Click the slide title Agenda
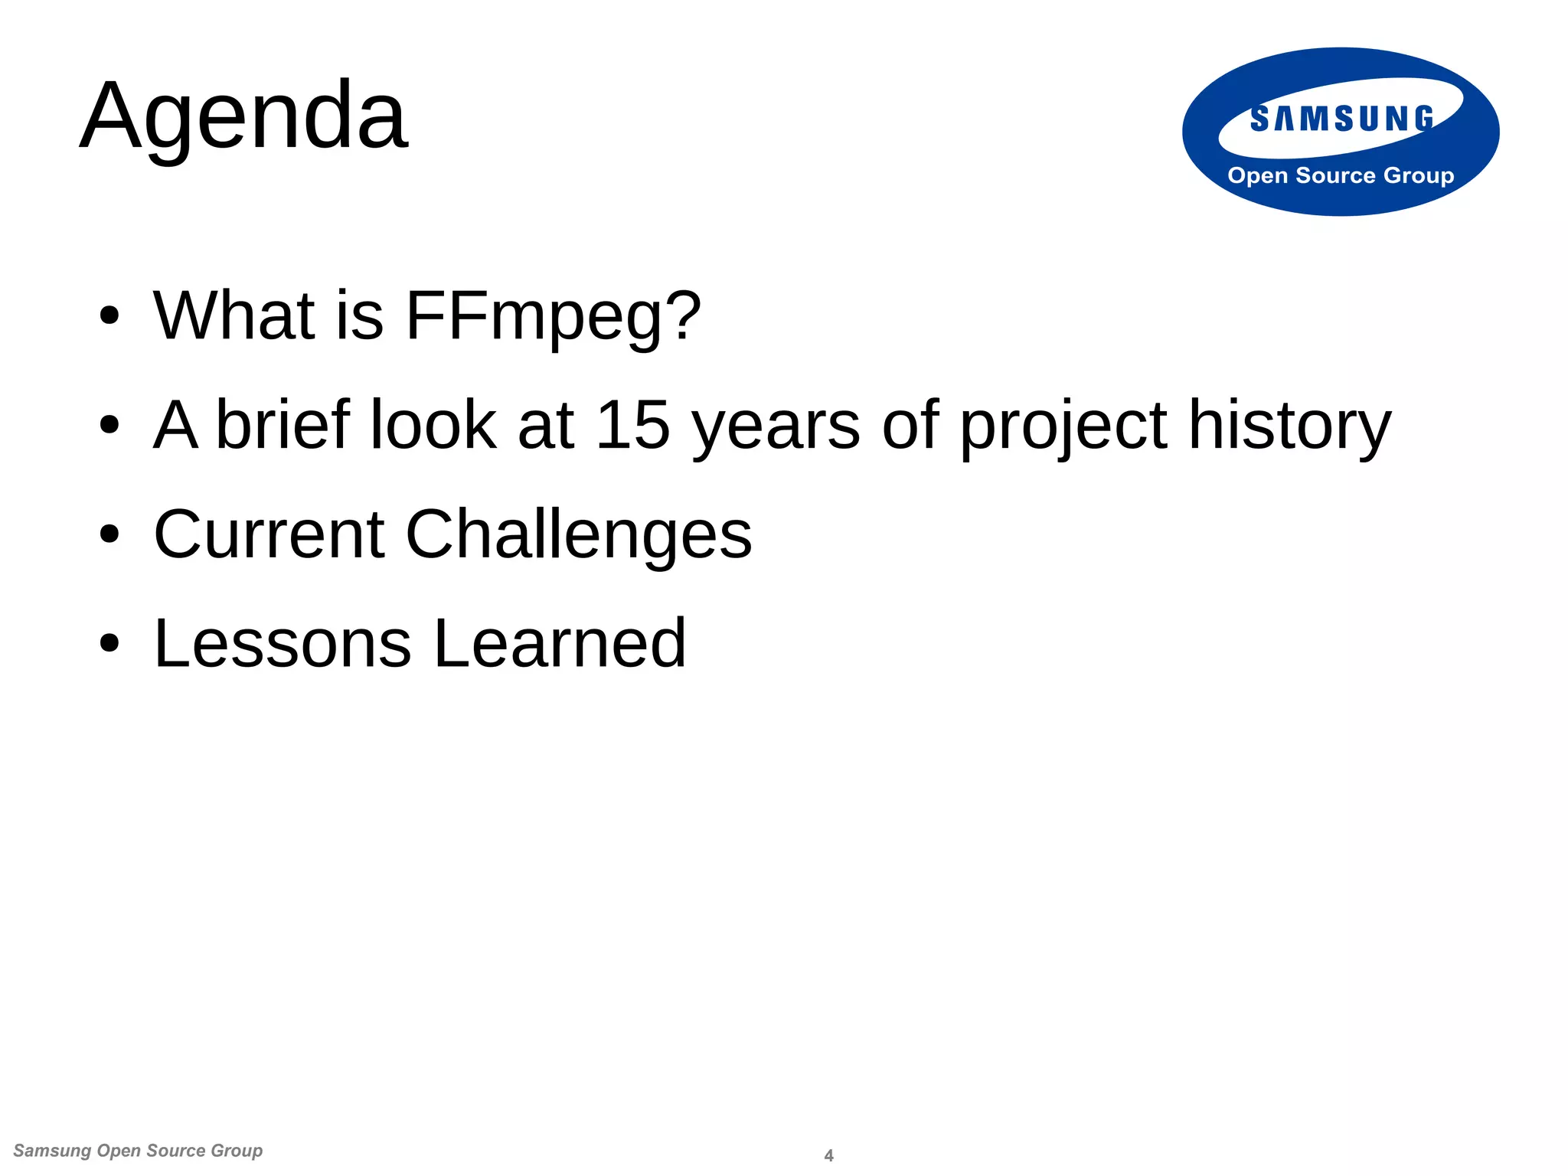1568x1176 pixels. [243, 116]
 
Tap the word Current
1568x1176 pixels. [269, 534]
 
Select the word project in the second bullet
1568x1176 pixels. [1063, 426]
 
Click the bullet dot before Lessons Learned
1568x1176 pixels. [109, 643]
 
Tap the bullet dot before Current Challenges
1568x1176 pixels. [109, 534]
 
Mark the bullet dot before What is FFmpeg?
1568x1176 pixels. [109, 315]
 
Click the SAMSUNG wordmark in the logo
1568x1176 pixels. [1341, 119]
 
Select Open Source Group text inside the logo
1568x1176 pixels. [1341, 175]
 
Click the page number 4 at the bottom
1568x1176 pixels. [828, 1155]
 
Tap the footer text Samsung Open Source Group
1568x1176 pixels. [138, 1151]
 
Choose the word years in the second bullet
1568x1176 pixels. [776, 426]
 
